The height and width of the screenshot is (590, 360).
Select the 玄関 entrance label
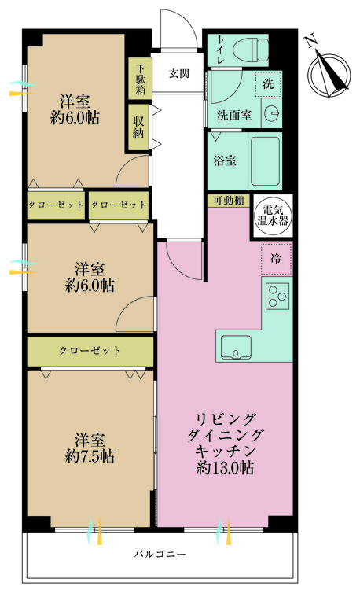click(178, 74)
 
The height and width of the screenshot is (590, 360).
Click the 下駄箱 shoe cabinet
click(139, 79)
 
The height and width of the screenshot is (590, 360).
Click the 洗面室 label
click(234, 114)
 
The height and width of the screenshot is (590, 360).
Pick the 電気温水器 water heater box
click(274, 214)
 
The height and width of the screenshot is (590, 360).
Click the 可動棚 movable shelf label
click(226, 200)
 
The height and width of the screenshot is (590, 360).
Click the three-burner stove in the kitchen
click(277, 296)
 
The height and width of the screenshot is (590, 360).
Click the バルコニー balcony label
click(160, 555)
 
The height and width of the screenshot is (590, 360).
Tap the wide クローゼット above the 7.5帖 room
click(90, 351)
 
